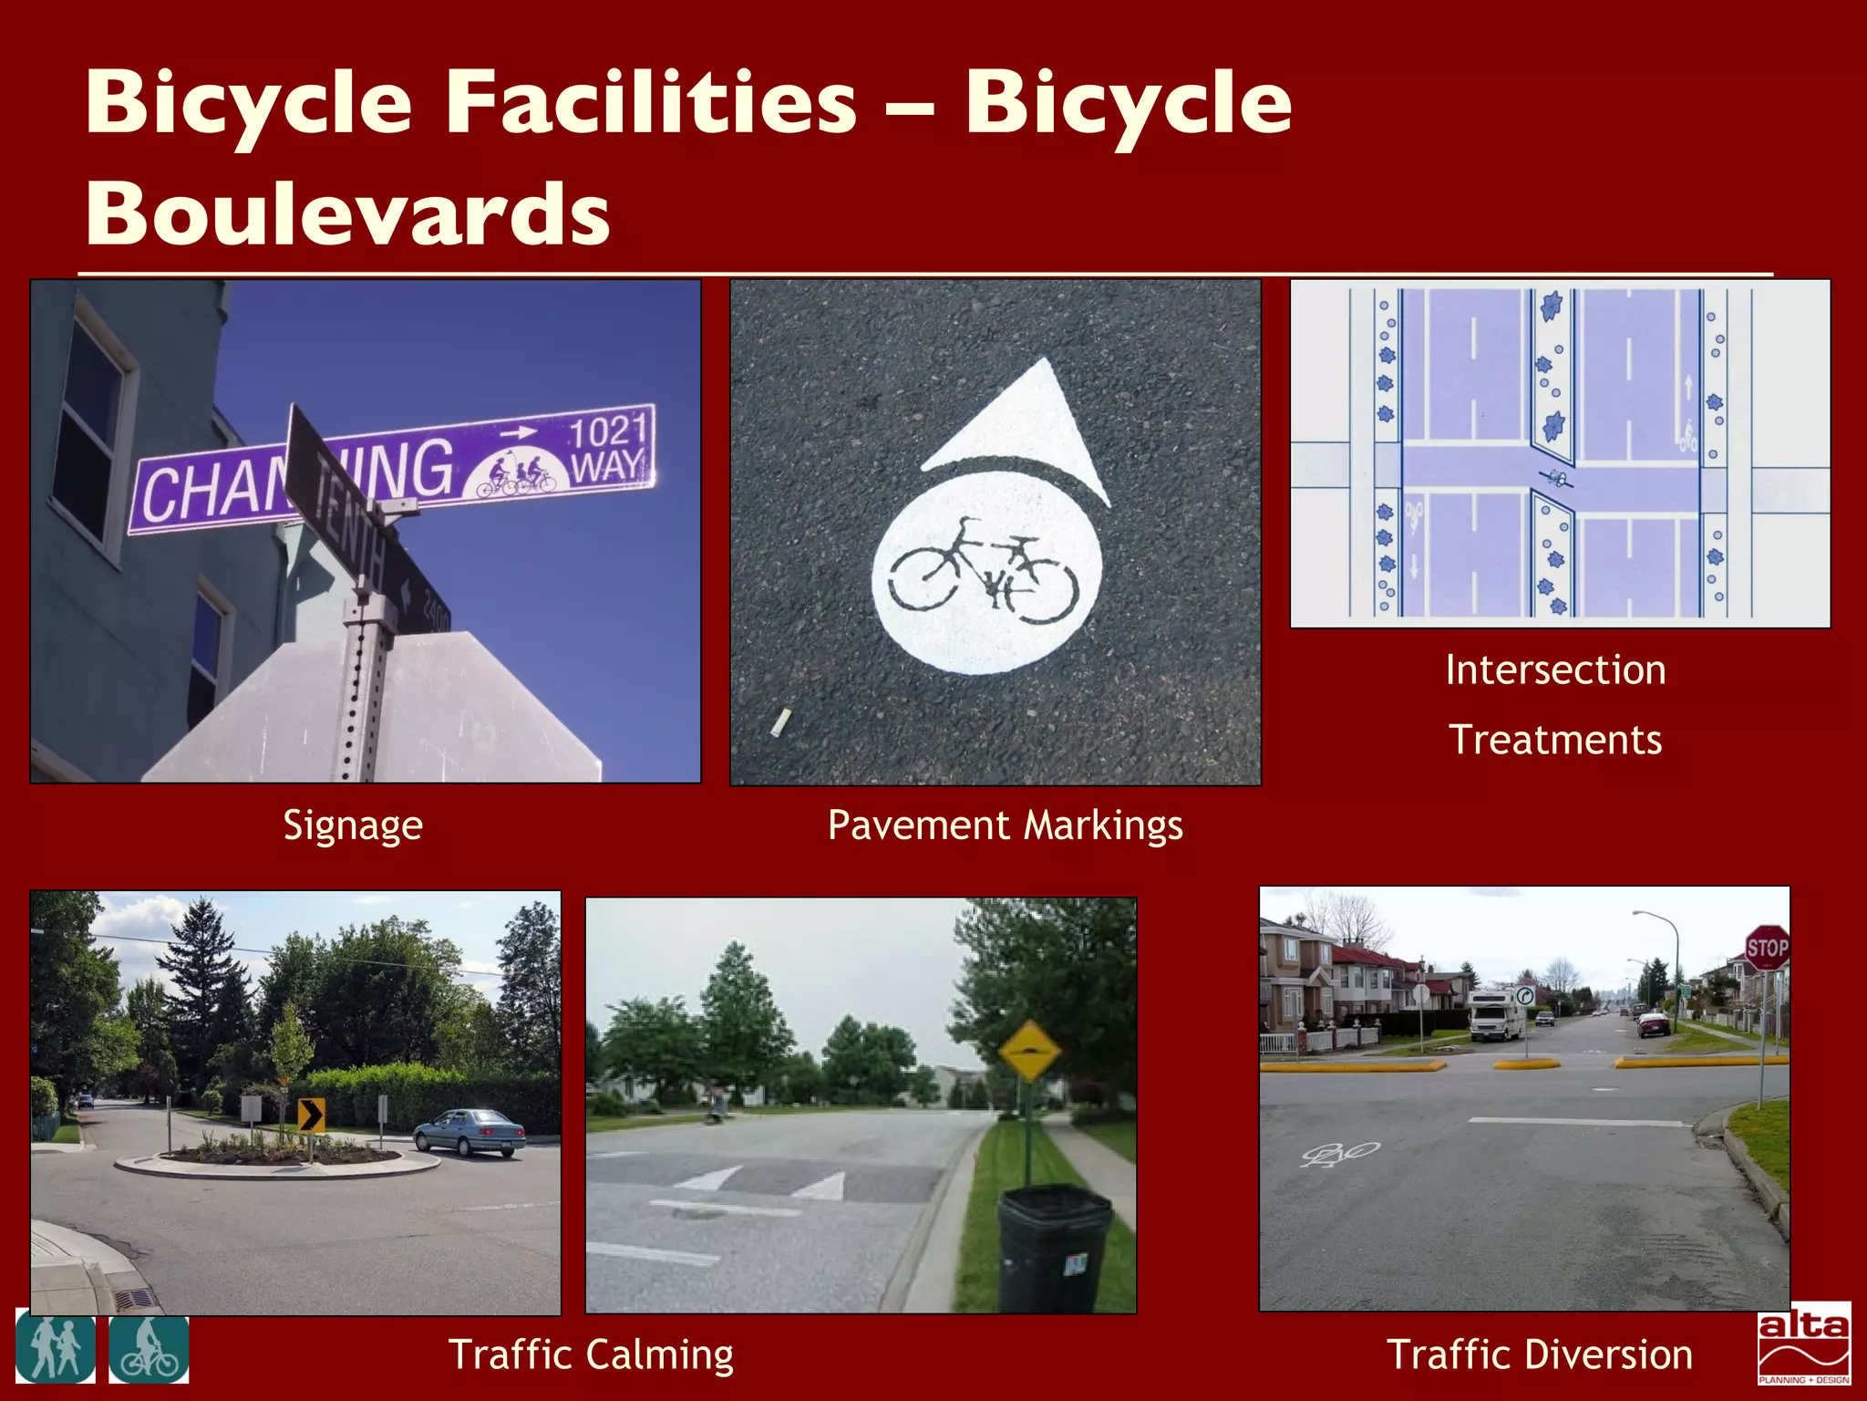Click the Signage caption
[353, 825]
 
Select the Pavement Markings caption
[1005, 825]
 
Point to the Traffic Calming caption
[591, 1354]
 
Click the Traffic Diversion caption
[1539, 1354]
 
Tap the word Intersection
[1555, 670]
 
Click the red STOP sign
[1766, 949]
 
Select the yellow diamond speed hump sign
[1029, 1051]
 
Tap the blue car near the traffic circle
[469, 1133]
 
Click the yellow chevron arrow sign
[311, 1115]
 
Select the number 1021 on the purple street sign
[608, 431]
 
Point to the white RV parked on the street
[1495, 1014]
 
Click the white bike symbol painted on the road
[1339, 1155]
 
